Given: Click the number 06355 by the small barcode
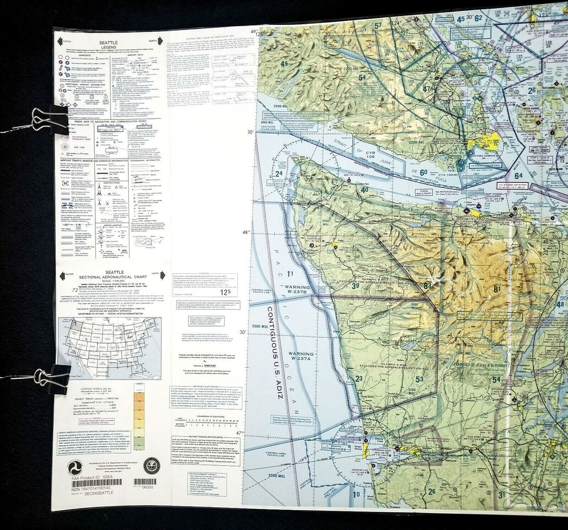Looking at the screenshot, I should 147,487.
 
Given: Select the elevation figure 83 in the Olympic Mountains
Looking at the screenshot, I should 427,285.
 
